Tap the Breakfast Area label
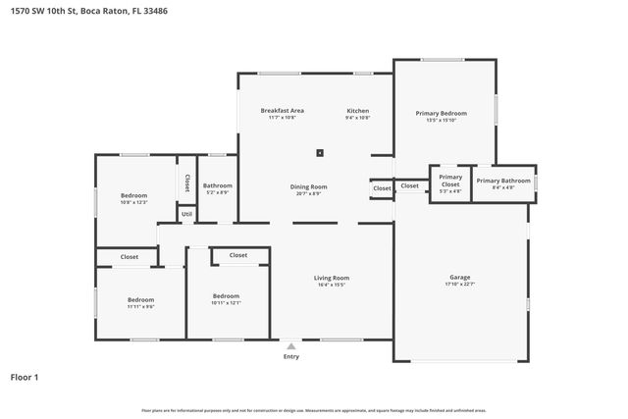[282, 111]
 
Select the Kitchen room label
[357, 111]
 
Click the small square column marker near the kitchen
[320, 152]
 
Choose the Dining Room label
[308, 186]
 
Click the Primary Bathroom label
[502, 181]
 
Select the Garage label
[459, 278]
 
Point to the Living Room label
[332, 278]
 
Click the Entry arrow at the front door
[291, 345]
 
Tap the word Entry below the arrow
[291, 357]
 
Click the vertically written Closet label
[186, 183]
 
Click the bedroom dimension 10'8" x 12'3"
[133, 203]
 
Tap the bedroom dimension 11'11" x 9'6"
[140, 306]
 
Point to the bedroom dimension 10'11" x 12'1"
[227, 302]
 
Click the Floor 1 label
[25, 376]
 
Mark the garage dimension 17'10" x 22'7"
[459, 286]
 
